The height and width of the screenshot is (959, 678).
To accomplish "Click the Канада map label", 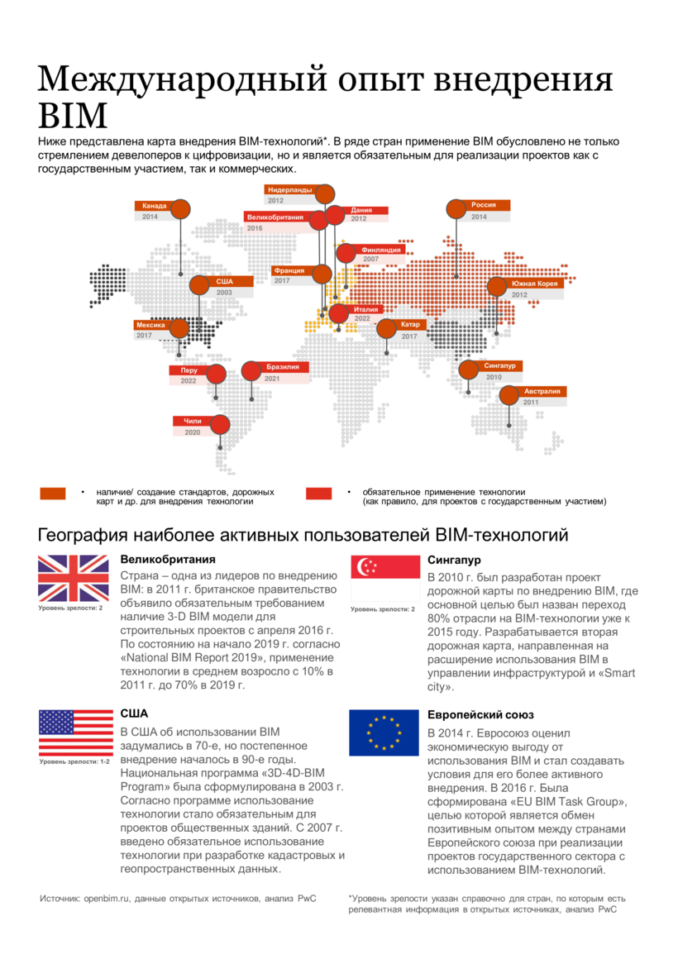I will (x=154, y=206).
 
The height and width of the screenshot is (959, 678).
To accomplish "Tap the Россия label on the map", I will (x=484, y=205).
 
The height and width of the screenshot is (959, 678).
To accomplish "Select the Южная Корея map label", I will (x=536, y=284).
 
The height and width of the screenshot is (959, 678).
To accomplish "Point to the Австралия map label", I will (x=542, y=391).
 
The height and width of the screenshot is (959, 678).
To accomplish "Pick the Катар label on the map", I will (x=410, y=325).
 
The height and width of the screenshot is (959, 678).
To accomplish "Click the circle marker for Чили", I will (x=219, y=425).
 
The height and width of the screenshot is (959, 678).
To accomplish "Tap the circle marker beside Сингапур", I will (x=469, y=369).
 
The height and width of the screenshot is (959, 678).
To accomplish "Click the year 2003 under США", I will (x=224, y=293).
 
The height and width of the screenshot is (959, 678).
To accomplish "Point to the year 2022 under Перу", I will (x=189, y=380).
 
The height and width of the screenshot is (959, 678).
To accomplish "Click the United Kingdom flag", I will (x=73, y=578).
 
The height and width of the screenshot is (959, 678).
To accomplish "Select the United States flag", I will (x=75, y=732).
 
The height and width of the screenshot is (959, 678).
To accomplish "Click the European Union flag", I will (x=384, y=732).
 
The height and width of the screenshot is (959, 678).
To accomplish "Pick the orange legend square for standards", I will (x=53, y=494).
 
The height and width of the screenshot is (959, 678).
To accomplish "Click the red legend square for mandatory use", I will (x=318, y=494).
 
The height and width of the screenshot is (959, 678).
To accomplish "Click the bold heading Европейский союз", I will (x=480, y=714).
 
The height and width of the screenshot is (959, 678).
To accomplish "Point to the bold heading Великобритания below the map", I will (x=168, y=560).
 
